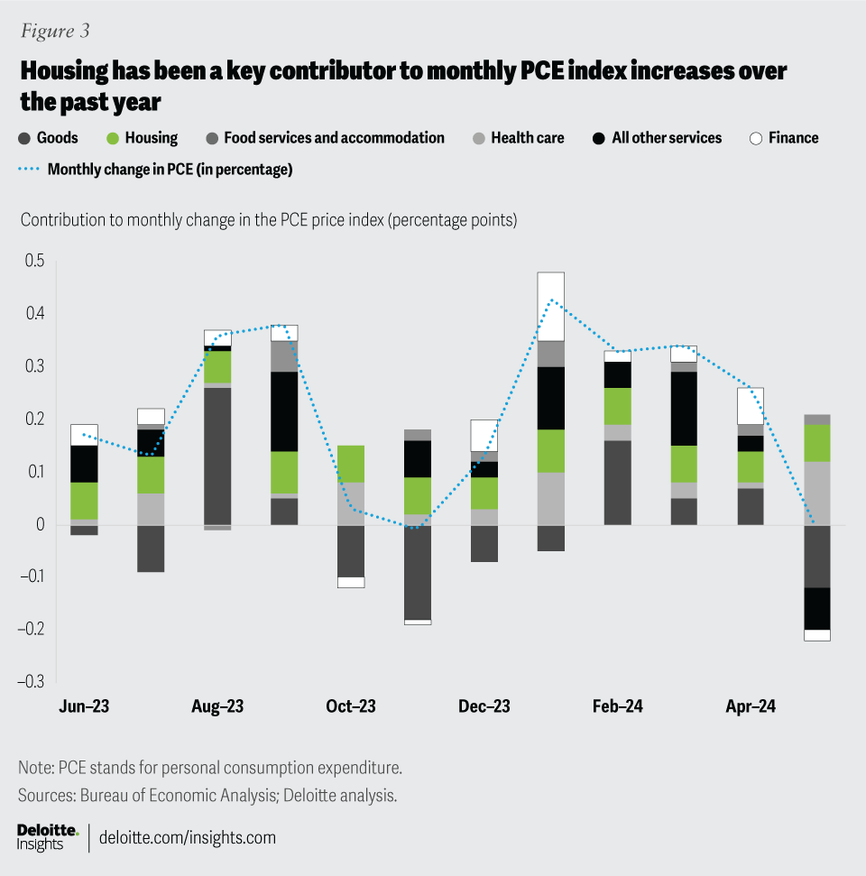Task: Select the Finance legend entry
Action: click(x=784, y=138)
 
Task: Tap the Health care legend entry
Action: click(x=519, y=138)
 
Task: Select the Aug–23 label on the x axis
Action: click(x=217, y=706)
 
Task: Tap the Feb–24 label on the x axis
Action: click(x=618, y=706)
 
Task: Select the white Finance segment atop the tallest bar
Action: click(x=551, y=306)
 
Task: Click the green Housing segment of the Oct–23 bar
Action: click(x=351, y=464)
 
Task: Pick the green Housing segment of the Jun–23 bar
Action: click(x=84, y=501)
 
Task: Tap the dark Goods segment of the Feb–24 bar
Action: click(x=618, y=483)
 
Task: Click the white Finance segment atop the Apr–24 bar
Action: click(x=751, y=405)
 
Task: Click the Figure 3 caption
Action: click(x=55, y=31)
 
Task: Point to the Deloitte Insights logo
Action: click(x=48, y=836)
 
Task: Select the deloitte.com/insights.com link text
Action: click(x=187, y=837)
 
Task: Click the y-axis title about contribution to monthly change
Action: click(x=268, y=219)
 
